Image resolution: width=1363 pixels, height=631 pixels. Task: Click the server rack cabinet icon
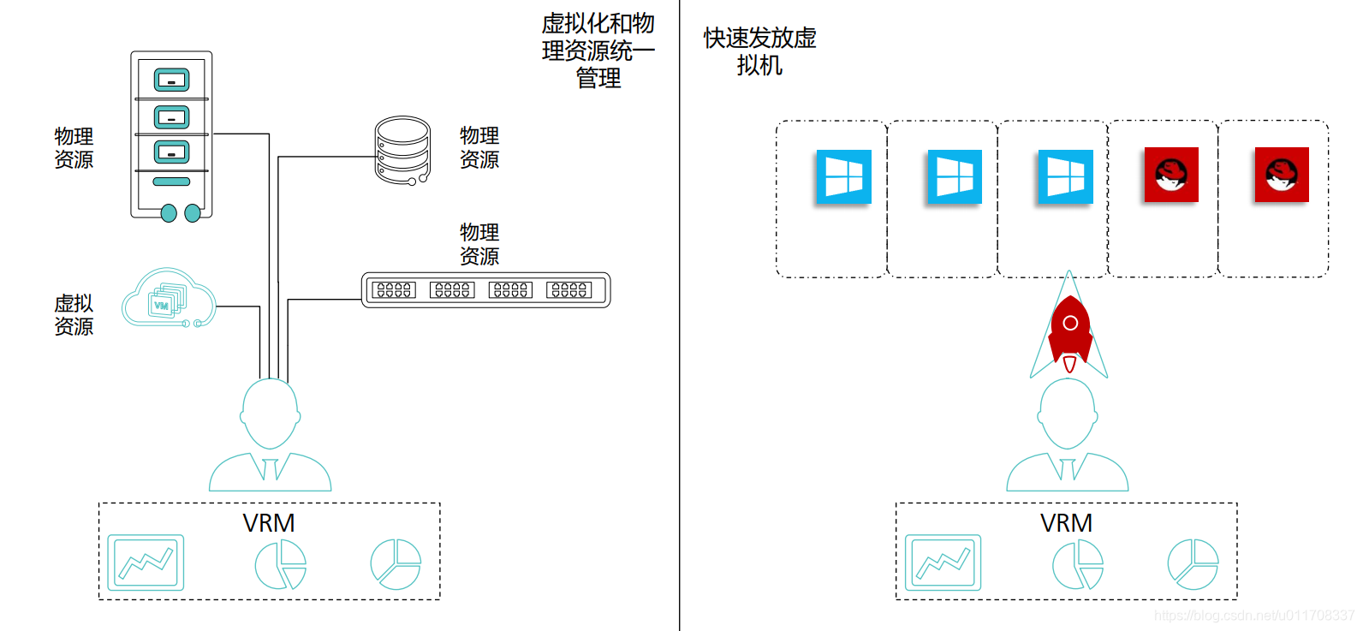click(x=171, y=135)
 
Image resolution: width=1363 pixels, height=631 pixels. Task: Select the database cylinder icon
click(x=402, y=151)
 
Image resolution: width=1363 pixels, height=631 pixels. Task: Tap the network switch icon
click(x=485, y=290)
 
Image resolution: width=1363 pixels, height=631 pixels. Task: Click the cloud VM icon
click(x=169, y=299)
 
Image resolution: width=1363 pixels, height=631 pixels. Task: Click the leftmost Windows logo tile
click(x=843, y=176)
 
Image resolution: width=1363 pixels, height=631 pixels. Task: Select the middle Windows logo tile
click(x=954, y=176)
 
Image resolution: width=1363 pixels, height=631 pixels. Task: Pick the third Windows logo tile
click(x=1065, y=176)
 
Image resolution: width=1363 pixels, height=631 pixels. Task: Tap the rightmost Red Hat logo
click(x=1282, y=175)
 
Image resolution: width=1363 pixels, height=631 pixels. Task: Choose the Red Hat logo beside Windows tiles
click(x=1171, y=175)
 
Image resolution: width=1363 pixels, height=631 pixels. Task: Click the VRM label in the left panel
click(x=269, y=523)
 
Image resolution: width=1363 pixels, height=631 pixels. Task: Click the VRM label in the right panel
click(x=1066, y=523)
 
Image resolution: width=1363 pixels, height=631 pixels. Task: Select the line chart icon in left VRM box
click(x=146, y=563)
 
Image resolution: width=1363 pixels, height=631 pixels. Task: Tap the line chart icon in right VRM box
click(x=943, y=563)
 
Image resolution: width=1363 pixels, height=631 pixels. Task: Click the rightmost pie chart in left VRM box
click(x=396, y=564)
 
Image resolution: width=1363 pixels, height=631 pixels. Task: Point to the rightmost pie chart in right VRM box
click(x=1193, y=564)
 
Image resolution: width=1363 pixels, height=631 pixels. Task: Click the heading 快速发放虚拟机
click(x=759, y=51)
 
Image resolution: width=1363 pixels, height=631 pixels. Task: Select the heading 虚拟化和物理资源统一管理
click(x=598, y=51)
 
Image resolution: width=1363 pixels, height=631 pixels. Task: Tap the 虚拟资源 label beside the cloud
click(x=74, y=315)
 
